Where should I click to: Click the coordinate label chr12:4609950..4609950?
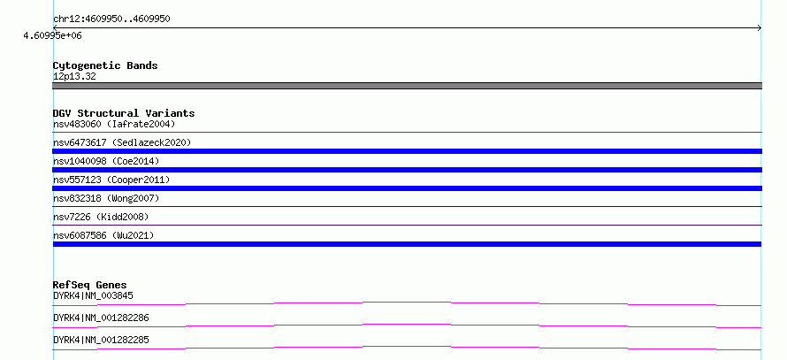point(111,19)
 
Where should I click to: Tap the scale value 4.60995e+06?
point(53,35)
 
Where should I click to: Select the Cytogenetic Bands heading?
point(105,65)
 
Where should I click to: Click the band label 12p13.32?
point(74,77)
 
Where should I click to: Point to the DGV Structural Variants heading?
point(124,113)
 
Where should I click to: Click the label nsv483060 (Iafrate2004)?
point(114,124)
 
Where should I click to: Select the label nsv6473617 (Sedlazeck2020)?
point(122,142)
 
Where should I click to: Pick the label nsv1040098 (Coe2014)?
point(106,161)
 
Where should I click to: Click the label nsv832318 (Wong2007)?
point(106,198)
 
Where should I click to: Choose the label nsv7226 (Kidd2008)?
point(101,217)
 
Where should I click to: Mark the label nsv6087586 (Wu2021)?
point(103,235)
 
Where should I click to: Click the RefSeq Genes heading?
point(90,285)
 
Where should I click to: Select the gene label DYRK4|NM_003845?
point(93,295)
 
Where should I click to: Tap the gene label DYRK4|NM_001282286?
point(101,318)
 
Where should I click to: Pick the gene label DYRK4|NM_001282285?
point(101,340)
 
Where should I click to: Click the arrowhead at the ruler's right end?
point(760,28)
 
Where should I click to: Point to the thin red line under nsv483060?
point(407,132)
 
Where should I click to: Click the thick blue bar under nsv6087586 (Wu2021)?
point(407,244)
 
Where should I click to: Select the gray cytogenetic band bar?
point(407,86)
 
